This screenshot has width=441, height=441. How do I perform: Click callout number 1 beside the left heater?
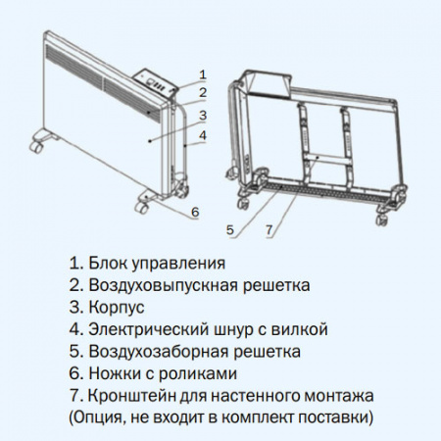[203, 73]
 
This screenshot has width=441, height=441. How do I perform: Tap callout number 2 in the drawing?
[203, 94]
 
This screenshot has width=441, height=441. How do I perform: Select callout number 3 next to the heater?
[203, 115]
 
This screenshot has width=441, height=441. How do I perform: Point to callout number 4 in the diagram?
[203, 135]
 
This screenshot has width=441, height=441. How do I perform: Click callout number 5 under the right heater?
[230, 230]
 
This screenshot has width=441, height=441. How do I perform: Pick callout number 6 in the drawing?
[195, 212]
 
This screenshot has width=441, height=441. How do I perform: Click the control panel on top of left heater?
[156, 83]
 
